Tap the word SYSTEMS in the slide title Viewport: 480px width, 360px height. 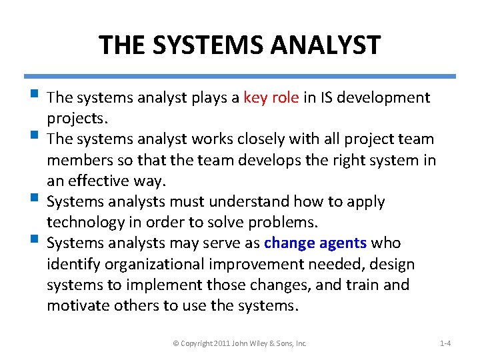(200, 45)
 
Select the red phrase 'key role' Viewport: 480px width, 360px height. (271, 98)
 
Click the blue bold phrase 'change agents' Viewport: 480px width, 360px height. (315, 243)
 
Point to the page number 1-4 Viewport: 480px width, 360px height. (445, 343)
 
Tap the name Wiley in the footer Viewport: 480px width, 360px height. (263, 343)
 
